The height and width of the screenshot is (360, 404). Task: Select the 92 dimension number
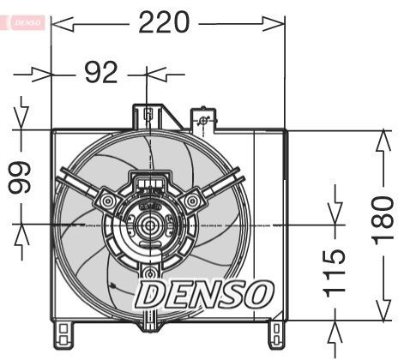pos(101,73)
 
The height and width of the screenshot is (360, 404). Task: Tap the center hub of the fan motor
pos(148,226)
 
